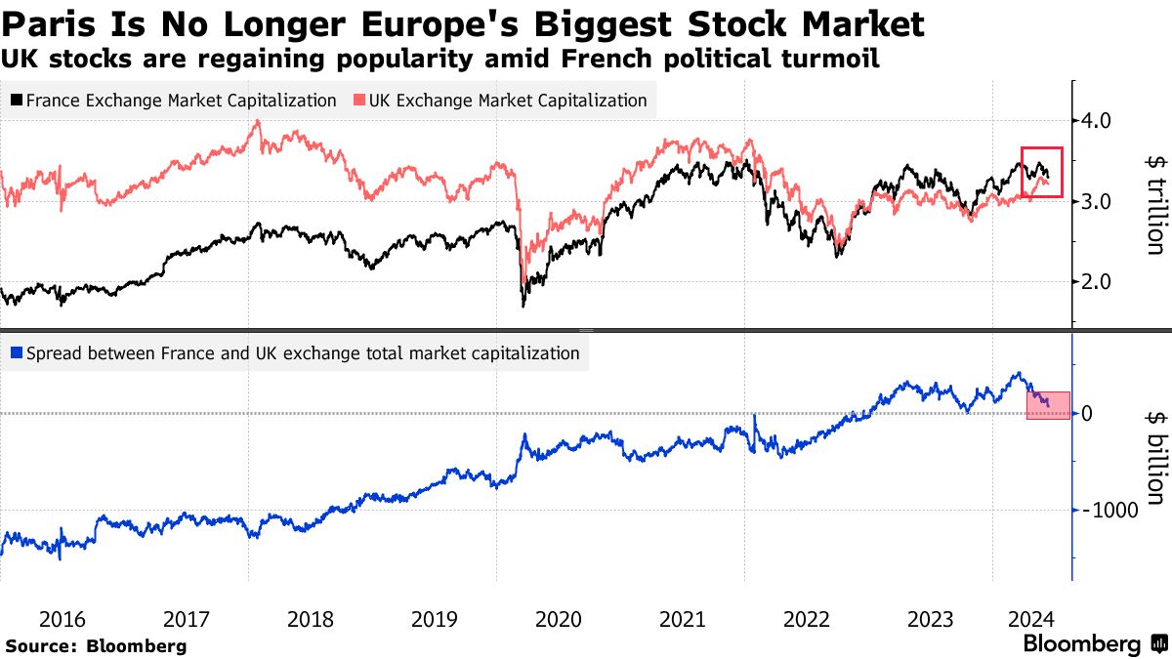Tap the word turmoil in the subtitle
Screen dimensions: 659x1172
point(831,60)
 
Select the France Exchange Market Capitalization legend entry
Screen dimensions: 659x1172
point(174,101)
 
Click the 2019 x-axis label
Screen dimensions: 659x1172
point(434,619)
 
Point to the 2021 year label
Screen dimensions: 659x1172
point(682,619)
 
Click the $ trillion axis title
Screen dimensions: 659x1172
point(1152,203)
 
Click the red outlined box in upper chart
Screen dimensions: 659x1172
point(1041,172)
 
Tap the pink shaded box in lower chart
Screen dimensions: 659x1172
point(1048,405)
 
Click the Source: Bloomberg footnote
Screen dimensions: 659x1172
point(96,645)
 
